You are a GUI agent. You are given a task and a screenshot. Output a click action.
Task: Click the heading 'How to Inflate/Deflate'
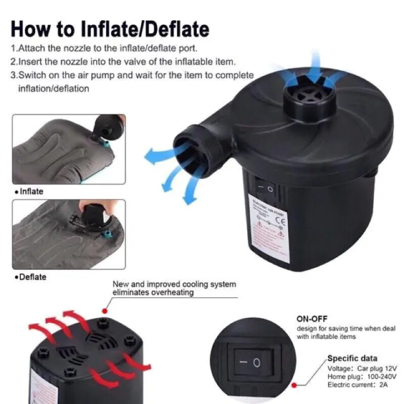tap(110, 29)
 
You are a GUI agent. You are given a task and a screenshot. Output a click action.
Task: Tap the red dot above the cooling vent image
tap(105, 309)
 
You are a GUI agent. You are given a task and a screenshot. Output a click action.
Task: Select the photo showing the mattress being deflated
tap(68, 235)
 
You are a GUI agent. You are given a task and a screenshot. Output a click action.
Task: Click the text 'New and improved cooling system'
tap(175, 284)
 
